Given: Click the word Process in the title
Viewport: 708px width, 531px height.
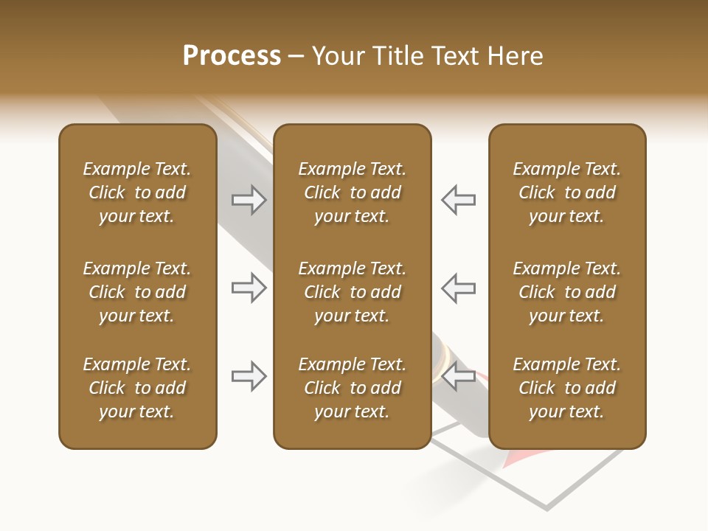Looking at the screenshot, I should point(232,56).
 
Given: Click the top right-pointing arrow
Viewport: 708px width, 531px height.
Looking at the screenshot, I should point(249,200).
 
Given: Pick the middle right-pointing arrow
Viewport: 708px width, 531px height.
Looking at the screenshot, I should point(249,288).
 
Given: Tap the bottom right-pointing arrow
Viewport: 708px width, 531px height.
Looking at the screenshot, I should point(249,376).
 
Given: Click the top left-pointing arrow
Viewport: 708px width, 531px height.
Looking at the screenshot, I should point(458,200).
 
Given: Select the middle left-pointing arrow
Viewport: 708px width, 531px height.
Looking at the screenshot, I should point(458,288).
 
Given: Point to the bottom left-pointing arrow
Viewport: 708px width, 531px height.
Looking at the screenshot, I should point(458,376).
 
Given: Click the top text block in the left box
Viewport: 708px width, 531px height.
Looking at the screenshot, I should point(136,192).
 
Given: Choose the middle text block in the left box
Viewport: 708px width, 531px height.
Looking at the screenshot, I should point(136,292).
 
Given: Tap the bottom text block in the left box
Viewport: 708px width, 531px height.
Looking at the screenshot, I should point(136,388).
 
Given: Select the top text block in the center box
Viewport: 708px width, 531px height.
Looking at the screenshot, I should point(352,192).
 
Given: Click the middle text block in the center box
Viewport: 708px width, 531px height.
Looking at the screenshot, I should point(352,292).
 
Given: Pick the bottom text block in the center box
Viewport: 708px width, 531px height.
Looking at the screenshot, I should point(352,388).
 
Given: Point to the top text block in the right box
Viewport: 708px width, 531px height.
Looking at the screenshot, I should point(566,192).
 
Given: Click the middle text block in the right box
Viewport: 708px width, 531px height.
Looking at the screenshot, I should point(566,292).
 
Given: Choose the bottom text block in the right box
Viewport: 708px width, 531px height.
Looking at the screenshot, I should point(566,388).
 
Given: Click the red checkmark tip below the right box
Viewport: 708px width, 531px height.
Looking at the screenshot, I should point(509,459).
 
